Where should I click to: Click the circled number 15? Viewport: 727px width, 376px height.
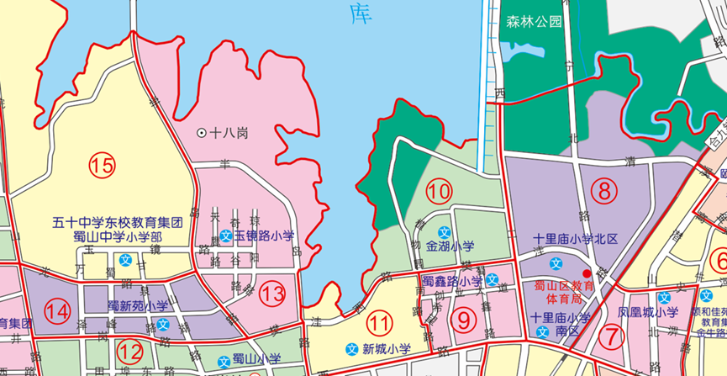(x=103, y=166)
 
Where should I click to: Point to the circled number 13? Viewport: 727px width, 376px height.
(x=272, y=294)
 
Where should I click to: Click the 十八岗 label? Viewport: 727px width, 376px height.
(x=229, y=132)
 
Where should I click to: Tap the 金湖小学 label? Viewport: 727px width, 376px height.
(x=450, y=247)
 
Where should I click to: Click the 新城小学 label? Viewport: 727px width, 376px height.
(x=387, y=349)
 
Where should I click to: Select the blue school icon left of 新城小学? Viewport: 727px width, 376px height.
(x=353, y=349)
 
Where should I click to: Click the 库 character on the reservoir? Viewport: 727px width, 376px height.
(x=360, y=13)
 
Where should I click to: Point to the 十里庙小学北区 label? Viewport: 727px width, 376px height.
(x=576, y=240)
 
